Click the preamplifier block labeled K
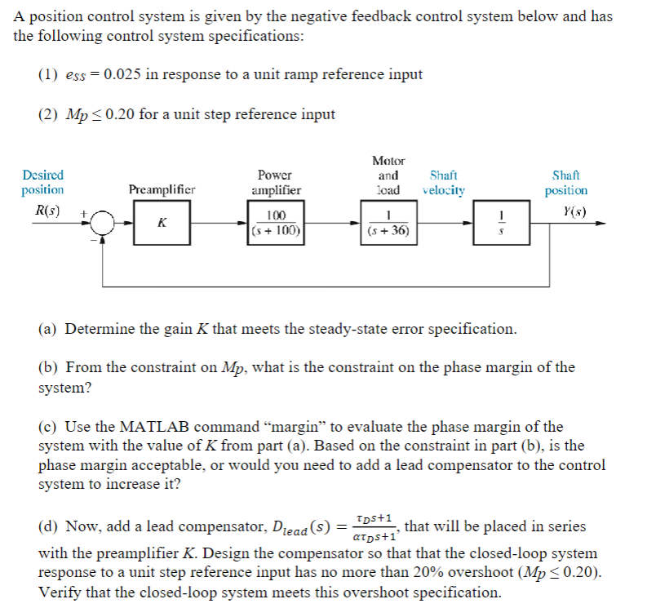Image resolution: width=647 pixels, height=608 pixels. [162, 223]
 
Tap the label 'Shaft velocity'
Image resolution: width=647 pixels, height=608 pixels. [444, 183]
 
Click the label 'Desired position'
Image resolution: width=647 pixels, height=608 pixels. [42, 183]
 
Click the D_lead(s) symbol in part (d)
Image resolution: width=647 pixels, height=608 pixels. [300, 527]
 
